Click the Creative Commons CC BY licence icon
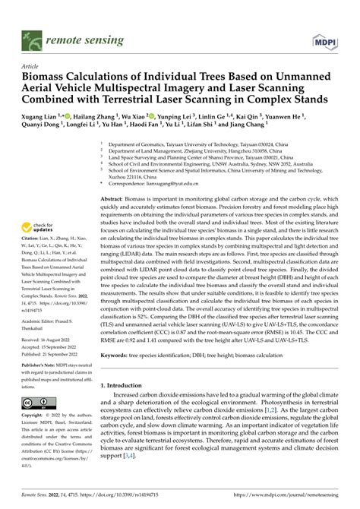[x=35, y=403]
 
